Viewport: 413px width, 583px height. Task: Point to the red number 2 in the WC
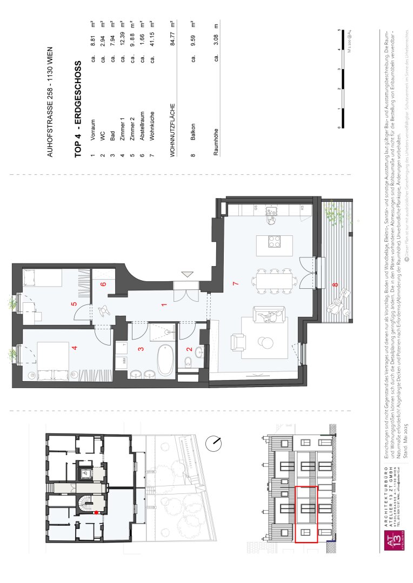[189, 349]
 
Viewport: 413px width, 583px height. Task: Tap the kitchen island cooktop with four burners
[274, 242]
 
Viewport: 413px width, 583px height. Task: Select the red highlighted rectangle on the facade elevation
[307, 507]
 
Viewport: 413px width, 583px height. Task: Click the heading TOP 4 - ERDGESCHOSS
[78, 109]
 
